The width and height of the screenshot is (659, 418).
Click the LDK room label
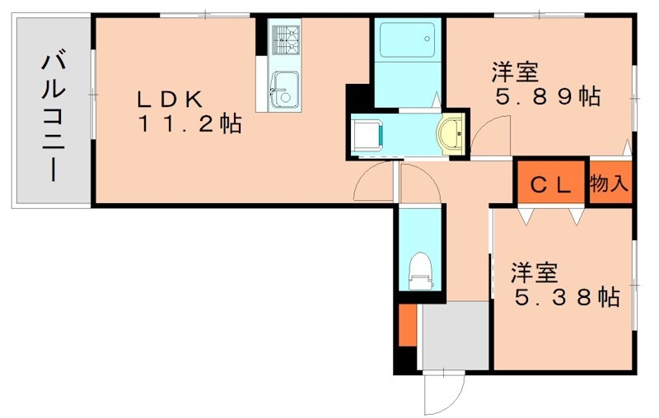click(x=169, y=100)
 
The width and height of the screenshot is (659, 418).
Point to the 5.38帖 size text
click(x=567, y=298)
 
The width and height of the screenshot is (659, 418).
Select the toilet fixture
click(x=420, y=268)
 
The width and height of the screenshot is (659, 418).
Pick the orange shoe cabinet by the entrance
click(x=406, y=326)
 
